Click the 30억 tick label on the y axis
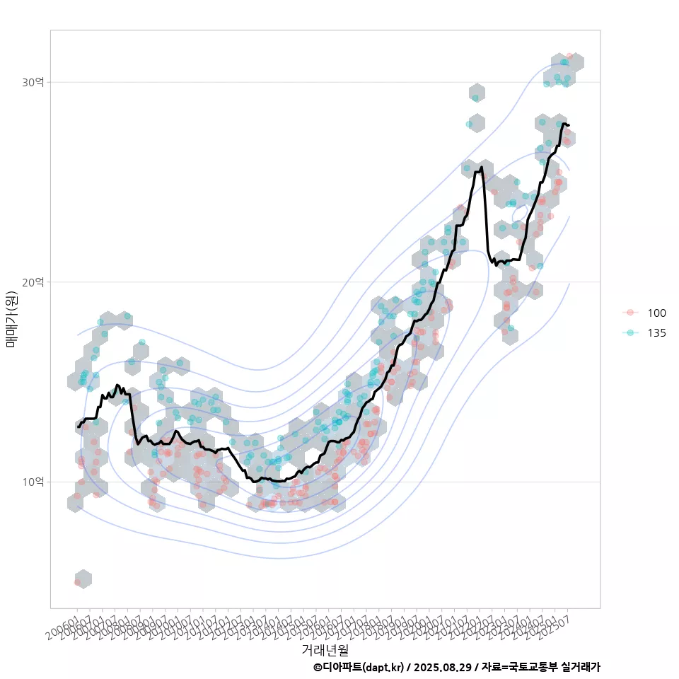click(33, 83)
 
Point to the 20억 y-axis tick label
click(33, 282)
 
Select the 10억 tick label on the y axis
click(33, 482)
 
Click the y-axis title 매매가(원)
click(12, 319)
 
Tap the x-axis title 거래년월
click(325, 649)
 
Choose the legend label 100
click(656, 313)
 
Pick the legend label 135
click(656, 333)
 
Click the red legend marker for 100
click(631, 313)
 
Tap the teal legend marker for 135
click(631, 333)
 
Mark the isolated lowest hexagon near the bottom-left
click(83, 579)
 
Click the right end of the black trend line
click(568, 125)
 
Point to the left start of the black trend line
click(79, 426)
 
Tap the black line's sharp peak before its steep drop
click(482, 168)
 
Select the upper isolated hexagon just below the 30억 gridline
click(477, 93)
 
